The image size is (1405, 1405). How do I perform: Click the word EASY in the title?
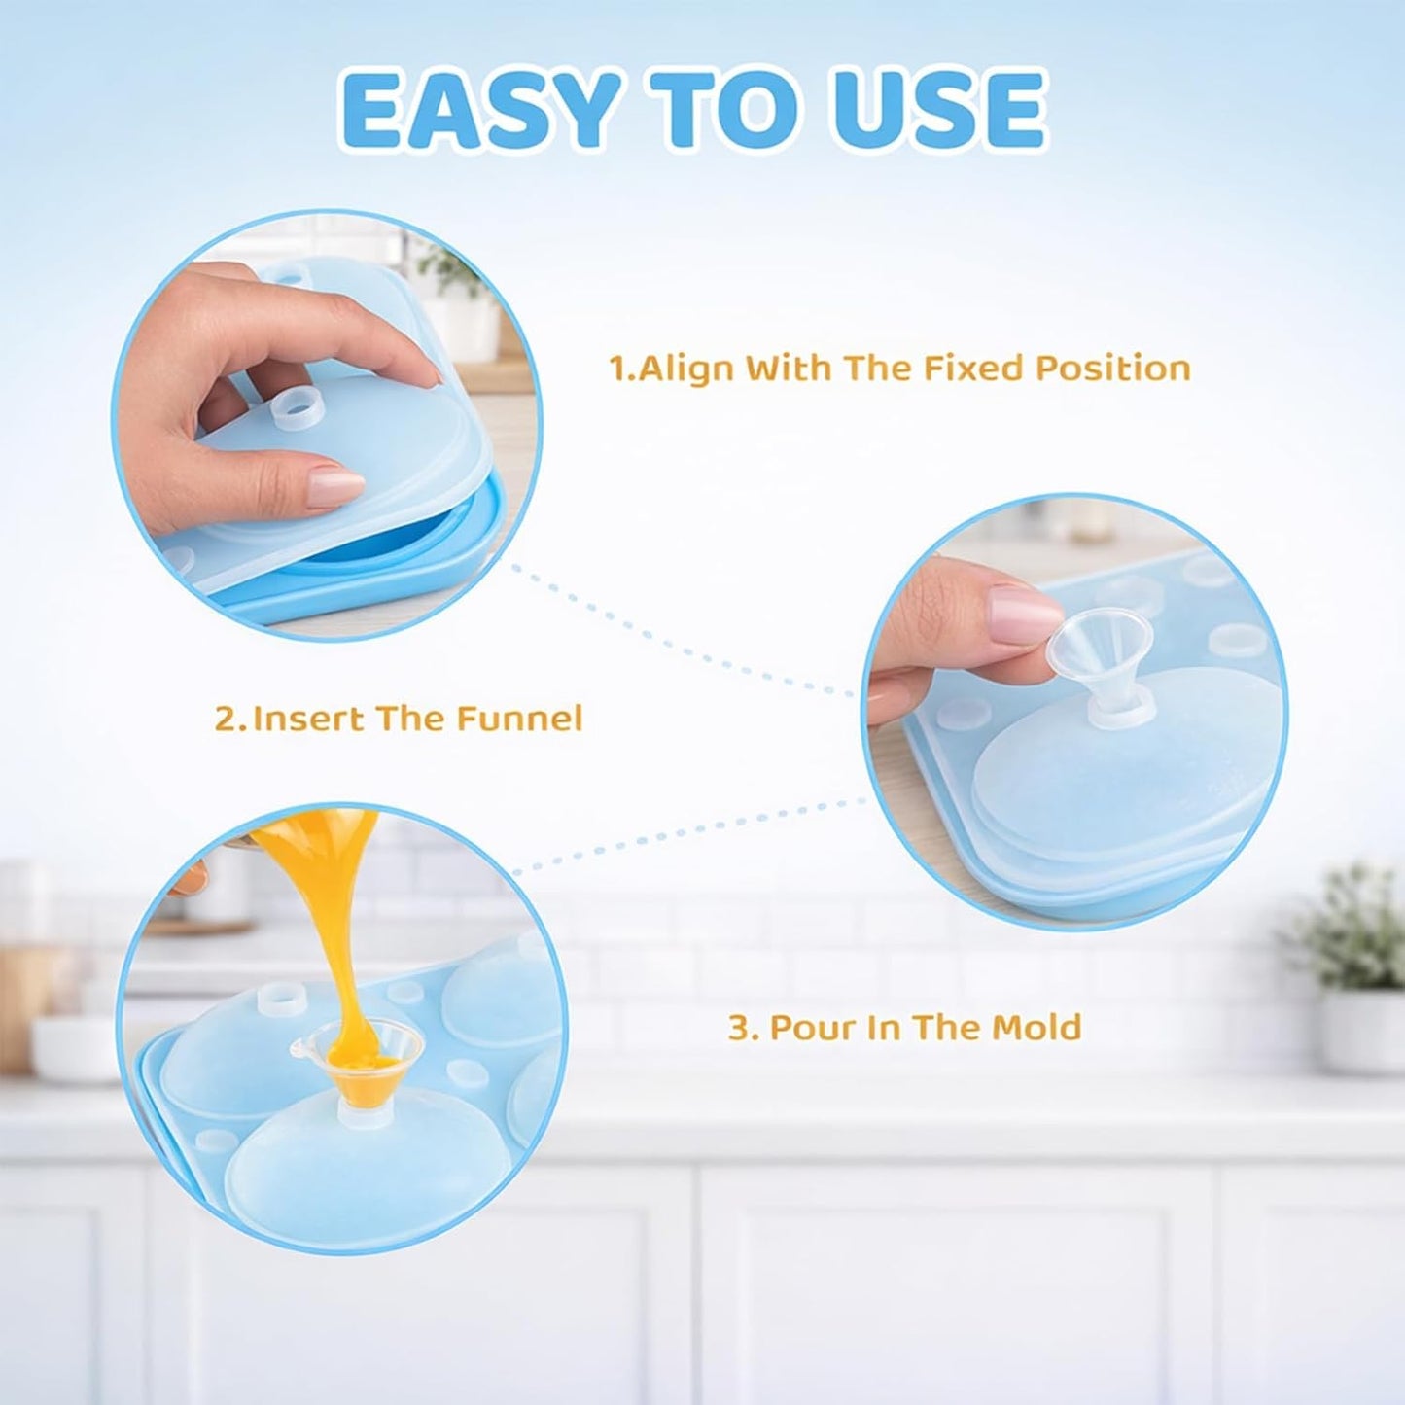pyautogui.click(x=482, y=110)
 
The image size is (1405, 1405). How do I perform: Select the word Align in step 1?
pyautogui.click(x=687, y=369)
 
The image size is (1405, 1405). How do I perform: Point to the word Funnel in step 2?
pyautogui.click(x=520, y=719)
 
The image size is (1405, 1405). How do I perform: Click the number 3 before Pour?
pyautogui.click(x=739, y=1028)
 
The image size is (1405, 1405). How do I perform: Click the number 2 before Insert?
pyautogui.click(x=227, y=719)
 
